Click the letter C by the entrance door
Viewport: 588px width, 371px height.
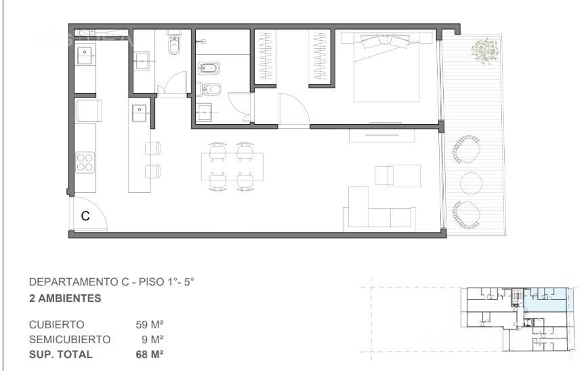click(x=85, y=216)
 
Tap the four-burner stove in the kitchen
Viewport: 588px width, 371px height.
click(x=85, y=162)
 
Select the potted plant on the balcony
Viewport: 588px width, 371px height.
click(x=485, y=51)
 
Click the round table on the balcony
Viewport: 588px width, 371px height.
click(x=471, y=183)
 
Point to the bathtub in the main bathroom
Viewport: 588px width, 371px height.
click(x=208, y=68)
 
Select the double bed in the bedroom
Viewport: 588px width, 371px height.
click(x=387, y=68)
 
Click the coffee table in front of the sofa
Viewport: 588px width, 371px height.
click(x=398, y=175)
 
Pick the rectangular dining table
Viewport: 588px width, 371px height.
click(x=232, y=167)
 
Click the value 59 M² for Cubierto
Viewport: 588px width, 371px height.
click(x=150, y=324)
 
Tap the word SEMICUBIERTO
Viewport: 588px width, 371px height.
click(x=70, y=339)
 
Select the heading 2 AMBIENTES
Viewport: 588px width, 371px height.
click(x=65, y=298)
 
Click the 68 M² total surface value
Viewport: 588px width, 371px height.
click(x=150, y=354)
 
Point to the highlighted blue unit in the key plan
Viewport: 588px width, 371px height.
click(x=545, y=300)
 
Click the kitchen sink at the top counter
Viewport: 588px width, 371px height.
click(x=85, y=55)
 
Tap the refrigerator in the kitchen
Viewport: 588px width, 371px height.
click(x=88, y=111)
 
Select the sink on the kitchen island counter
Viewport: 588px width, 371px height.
click(x=140, y=113)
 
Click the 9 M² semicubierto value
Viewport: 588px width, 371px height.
click(x=152, y=339)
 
